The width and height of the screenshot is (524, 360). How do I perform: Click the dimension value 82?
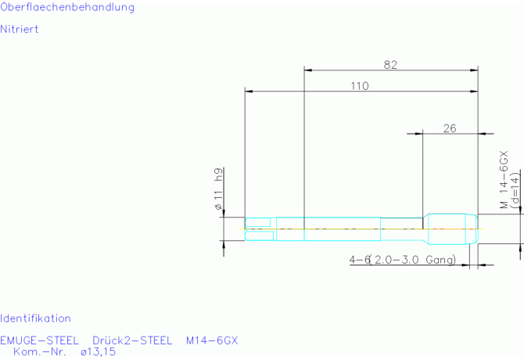click(x=390, y=64)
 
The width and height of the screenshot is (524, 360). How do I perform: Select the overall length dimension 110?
click(x=360, y=86)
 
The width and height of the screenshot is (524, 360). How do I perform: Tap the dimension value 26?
click(x=450, y=128)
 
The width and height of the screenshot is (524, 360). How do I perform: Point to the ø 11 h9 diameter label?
click(x=218, y=189)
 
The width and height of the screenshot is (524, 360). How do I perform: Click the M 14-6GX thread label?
click(x=504, y=179)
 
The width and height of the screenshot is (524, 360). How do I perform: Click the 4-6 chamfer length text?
click(x=359, y=259)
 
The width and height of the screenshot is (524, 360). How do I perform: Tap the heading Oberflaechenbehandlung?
click(x=67, y=7)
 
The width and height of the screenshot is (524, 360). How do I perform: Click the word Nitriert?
click(x=19, y=29)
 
